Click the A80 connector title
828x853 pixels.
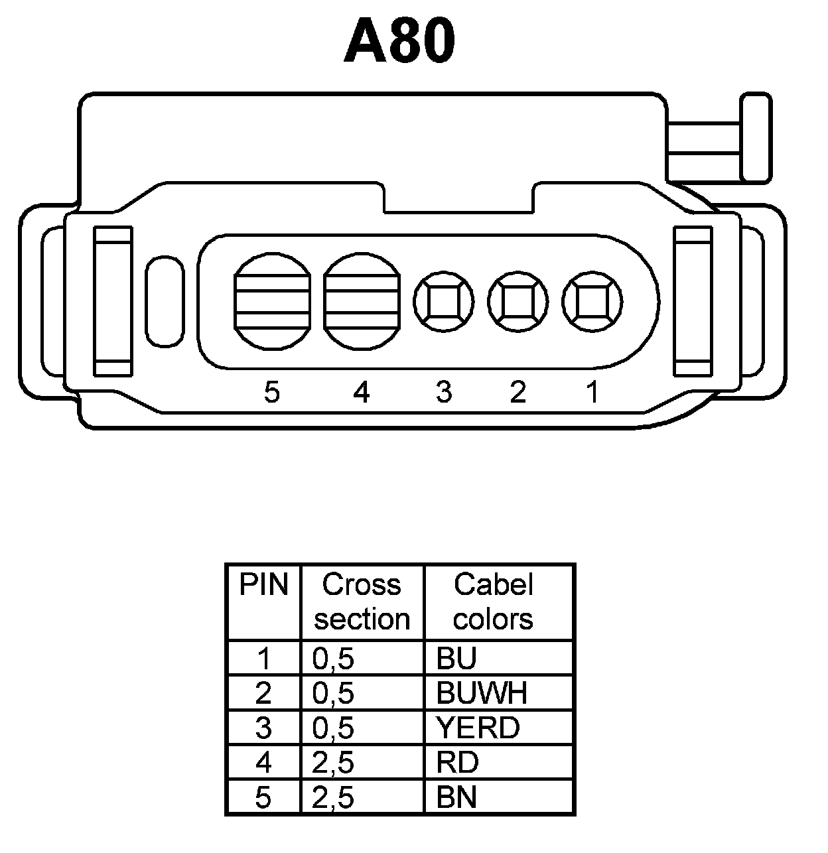point(400,41)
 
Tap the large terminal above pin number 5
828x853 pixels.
point(273,301)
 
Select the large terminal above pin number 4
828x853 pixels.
point(362,301)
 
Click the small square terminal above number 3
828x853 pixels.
point(444,302)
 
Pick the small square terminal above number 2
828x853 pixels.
point(518,302)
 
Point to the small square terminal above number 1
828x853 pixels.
point(592,302)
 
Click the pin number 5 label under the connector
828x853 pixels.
point(272,393)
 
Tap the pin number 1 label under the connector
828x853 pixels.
point(592,392)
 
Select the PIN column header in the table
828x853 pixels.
point(263,586)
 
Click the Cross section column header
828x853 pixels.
point(362,602)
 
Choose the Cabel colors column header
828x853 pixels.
point(493,602)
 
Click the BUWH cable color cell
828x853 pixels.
point(482,693)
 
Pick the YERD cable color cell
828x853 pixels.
point(478,728)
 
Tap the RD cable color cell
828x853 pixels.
point(457,763)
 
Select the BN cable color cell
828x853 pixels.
point(456,797)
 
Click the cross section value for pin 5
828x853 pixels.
point(333,797)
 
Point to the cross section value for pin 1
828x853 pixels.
point(333,659)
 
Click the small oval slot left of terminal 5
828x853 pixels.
point(164,301)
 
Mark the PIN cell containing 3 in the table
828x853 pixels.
point(263,728)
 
